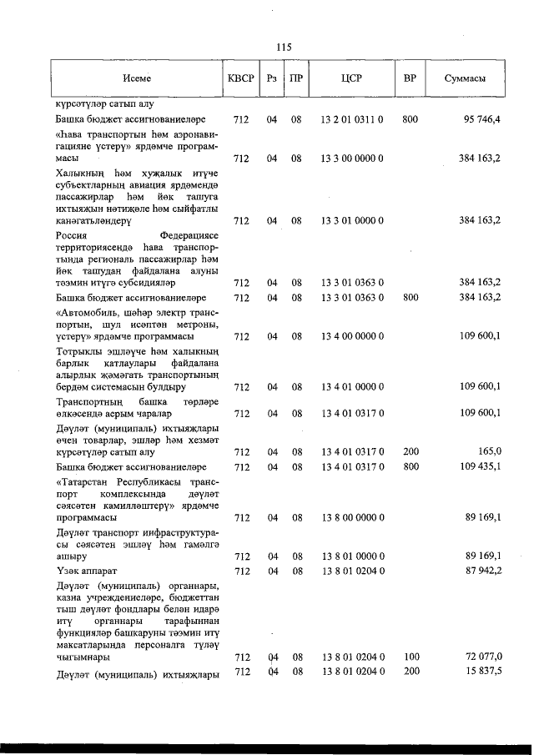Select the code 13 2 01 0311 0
(351, 120)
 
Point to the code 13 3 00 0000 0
(351, 158)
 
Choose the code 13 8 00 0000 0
(351, 517)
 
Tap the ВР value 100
(410, 657)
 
